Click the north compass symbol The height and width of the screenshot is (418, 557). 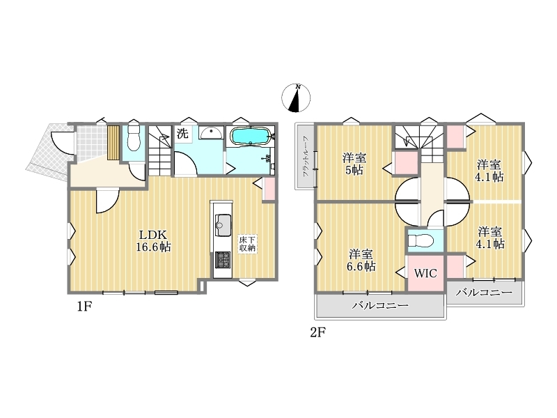point(296,98)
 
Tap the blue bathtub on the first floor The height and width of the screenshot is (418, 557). point(251,137)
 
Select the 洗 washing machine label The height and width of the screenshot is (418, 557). point(182,134)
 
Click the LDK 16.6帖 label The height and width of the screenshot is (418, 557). point(153,241)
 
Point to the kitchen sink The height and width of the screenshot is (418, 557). point(223,225)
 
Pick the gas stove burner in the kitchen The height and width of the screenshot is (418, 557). point(223,260)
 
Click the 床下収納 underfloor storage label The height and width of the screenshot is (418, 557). point(247,244)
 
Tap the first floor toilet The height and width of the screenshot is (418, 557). point(134,139)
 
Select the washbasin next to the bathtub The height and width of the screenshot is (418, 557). point(211,133)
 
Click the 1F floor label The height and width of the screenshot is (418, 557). point(85,307)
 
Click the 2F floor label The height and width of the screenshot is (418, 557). point(318,332)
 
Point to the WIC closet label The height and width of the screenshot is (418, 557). point(425,273)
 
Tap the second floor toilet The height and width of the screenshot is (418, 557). point(421,241)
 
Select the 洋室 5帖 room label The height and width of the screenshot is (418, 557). point(354,164)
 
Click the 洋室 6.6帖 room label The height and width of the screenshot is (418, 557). point(361,260)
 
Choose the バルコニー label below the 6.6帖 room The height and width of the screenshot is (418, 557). point(380,306)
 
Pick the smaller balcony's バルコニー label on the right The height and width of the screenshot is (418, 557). point(484,293)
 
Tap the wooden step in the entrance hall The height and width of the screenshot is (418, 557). point(113,143)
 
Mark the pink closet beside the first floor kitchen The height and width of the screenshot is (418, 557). point(269,189)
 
